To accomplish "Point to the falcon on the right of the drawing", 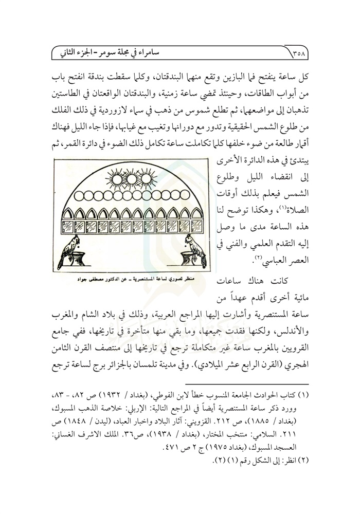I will [192, 249].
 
